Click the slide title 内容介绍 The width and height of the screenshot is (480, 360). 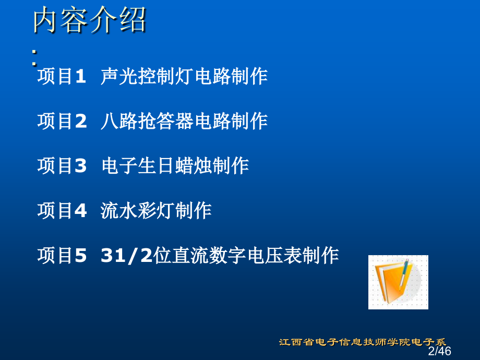coord(89,20)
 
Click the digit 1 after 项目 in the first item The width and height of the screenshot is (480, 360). coord(80,76)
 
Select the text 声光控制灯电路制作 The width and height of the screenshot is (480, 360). coord(184,76)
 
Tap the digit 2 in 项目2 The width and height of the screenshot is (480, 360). coord(81,121)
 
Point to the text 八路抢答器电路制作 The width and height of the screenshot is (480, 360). coord(184,121)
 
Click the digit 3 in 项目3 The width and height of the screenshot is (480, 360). coord(81,165)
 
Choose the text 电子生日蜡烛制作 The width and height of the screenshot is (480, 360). coord(175,165)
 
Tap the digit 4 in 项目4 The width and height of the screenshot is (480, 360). coord(81,211)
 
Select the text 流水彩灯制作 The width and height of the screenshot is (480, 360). coord(156,211)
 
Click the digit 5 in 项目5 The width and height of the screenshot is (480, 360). coord(81,255)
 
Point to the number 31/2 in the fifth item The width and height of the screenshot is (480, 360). coord(127,255)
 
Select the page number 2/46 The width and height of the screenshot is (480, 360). coord(440,351)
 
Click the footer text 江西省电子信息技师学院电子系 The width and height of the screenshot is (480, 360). coord(363,342)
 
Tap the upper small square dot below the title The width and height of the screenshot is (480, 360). coord(34,52)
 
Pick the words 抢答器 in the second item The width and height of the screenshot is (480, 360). coord(165,121)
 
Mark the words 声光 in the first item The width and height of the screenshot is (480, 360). coord(119,76)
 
